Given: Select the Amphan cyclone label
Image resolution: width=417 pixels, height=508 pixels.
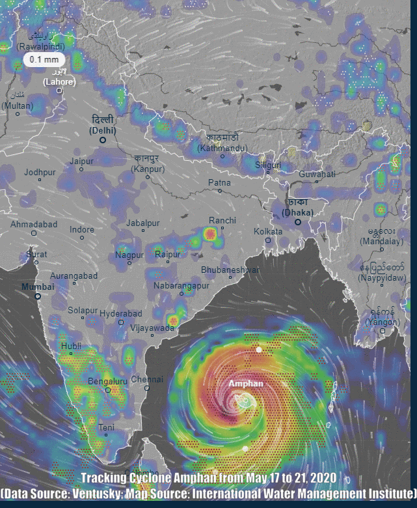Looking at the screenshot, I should [x=245, y=384].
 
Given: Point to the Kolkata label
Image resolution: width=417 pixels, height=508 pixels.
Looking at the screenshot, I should [x=268, y=231].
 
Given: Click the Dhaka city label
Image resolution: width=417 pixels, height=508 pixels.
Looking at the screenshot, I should [x=298, y=208].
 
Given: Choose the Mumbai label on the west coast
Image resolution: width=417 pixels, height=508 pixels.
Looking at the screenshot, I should [x=37, y=287].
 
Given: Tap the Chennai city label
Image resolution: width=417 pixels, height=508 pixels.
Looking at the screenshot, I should [x=147, y=379].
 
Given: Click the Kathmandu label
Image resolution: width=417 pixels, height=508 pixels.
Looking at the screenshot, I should [x=222, y=144].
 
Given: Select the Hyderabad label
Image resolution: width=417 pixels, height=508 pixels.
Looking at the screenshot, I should [x=120, y=313].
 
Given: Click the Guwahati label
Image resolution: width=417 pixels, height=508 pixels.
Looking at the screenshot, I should [x=317, y=174].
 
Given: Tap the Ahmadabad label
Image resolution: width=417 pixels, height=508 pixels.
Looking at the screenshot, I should [x=34, y=224].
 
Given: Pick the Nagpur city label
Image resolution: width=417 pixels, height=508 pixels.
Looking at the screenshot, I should [x=129, y=254].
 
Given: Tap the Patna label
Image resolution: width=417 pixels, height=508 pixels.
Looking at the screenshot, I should [x=219, y=183].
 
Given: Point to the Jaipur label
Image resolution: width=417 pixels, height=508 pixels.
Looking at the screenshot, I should [x=82, y=161].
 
